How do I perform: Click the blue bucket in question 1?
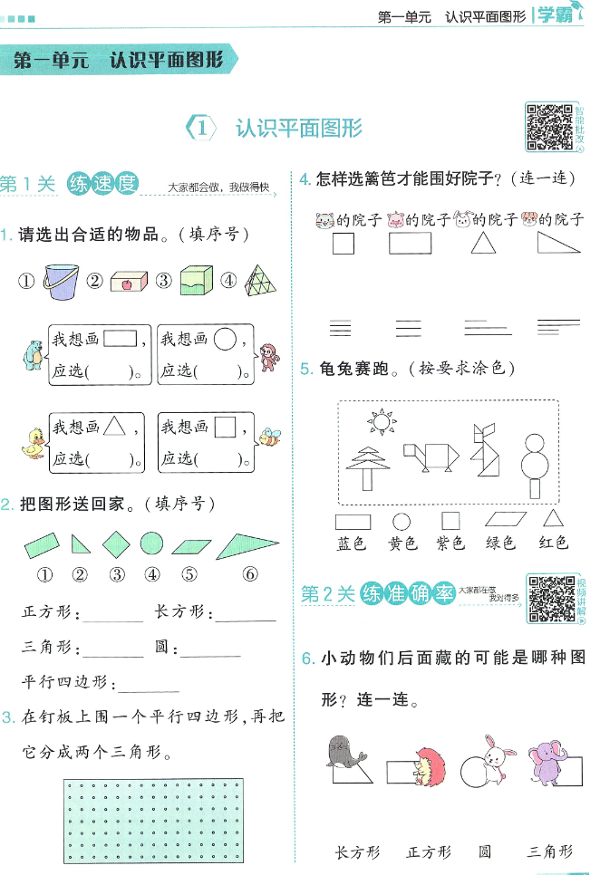point(60,282)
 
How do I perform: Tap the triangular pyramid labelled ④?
point(261,280)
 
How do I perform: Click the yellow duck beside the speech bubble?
point(33,446)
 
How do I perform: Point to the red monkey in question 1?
point(269,358)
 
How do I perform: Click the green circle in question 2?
point(151,544)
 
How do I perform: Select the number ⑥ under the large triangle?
point(249,573)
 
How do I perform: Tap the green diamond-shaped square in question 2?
point(116,544)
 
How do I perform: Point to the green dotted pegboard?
point(154,821)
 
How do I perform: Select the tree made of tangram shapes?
point(367,467)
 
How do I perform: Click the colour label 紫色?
point(450,543)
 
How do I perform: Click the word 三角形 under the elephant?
point(551,851)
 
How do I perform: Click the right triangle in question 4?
point(558,243)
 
